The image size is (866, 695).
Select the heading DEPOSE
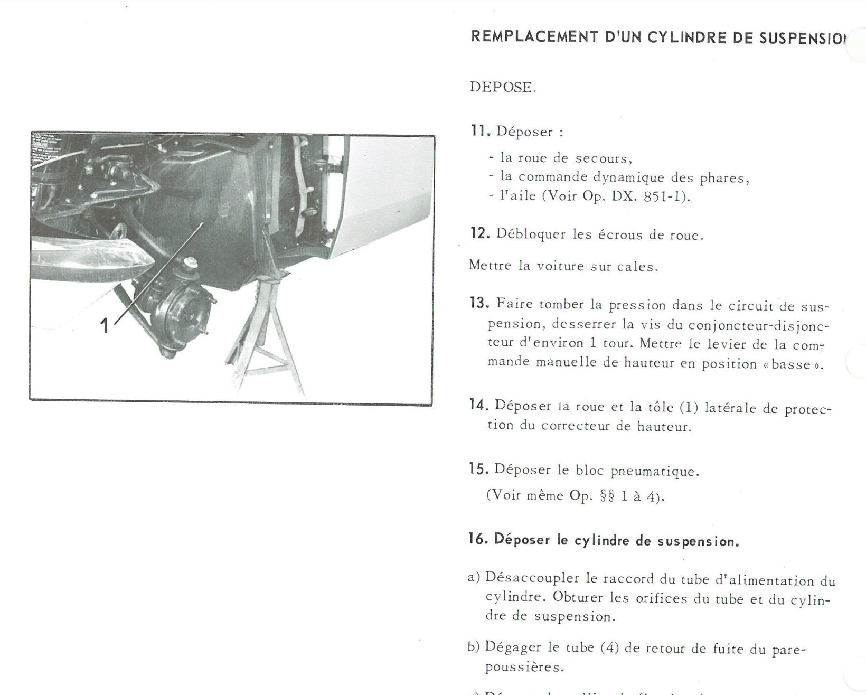[x=502, y=88]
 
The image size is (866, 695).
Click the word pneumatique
[x=655, y=471]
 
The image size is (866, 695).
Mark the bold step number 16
[x=478, y=540]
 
